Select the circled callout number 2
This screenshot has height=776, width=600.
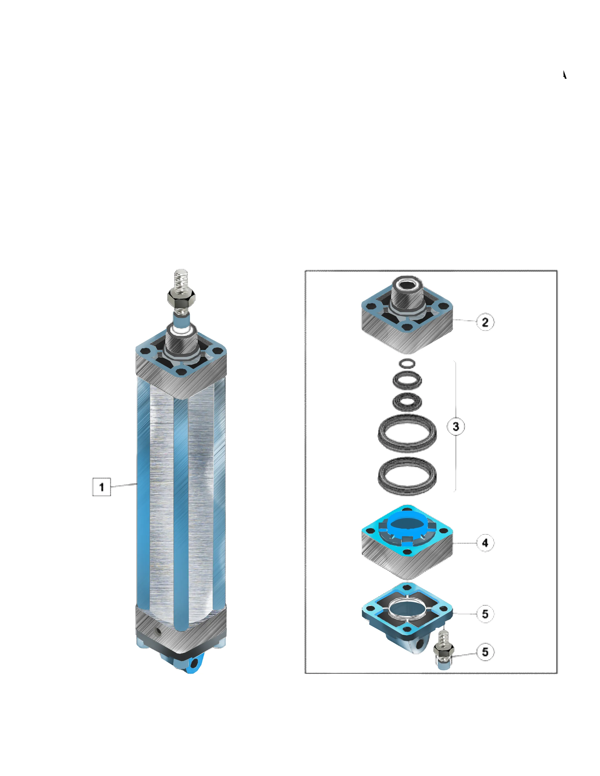(x=485, y=322)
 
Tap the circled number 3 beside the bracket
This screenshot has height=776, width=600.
(x=456, y=426)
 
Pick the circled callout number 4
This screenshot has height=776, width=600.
(x=485, y=543)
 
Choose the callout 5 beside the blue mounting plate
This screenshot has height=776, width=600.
(x=485, y=614)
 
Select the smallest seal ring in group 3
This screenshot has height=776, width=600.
(x=407, y=363)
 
